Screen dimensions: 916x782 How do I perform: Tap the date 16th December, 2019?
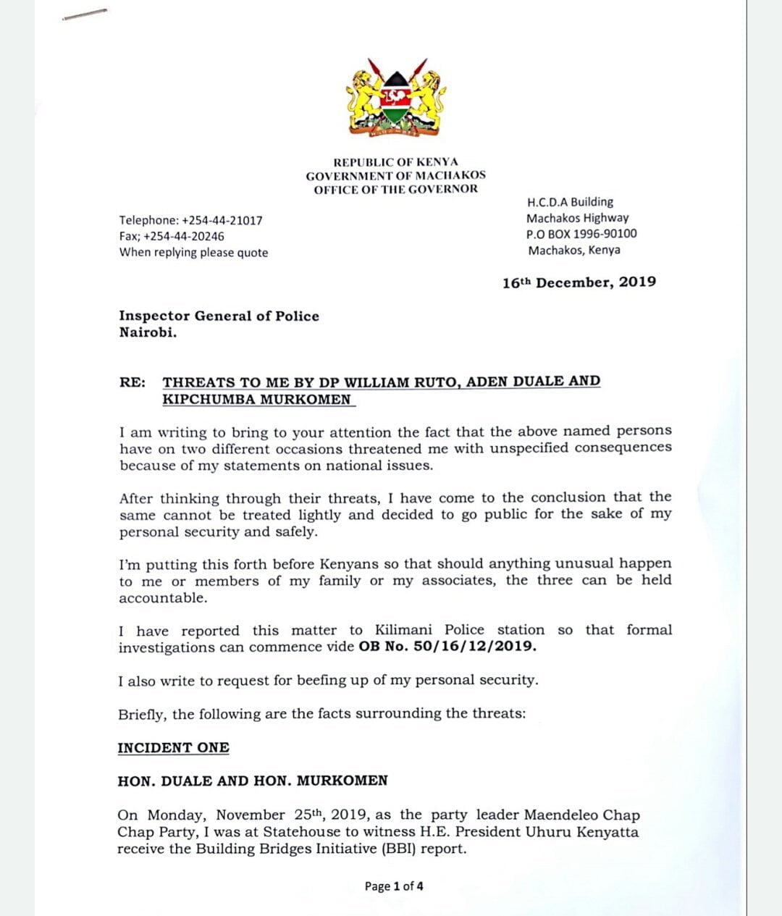pyautogui.click(x=579, y=282)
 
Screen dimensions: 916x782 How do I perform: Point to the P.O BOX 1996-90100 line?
pyautogui.click(x=581, y=234)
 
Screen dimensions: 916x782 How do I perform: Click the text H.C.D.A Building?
pyautogui.click(x=570, y=202)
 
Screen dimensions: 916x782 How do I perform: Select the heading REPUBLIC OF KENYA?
pyautogui.click(x=395, y=162)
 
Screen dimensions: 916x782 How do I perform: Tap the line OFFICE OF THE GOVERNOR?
pyautogui.click(x=395, y=189)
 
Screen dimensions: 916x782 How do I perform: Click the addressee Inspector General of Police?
pyautogui.click(x=219, y=316)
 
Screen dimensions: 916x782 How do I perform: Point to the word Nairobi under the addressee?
pyautogui.click(x=147, y=333)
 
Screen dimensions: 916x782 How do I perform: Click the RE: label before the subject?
pyautogui.click(x=132, y=382)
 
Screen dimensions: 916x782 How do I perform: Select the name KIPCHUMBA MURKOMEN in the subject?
pyautogui.click(x=256, y=399)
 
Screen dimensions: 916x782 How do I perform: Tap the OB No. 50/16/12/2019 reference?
pyautogui.click(x=447, y=646)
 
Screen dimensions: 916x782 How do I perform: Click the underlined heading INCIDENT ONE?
pyautogui.click(x=173, y=747)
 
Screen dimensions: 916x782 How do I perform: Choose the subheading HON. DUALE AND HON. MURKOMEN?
pyautogui.click(x=253, y=781)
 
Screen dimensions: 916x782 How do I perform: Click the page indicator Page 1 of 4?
pyautogui.click(x=394, y=886)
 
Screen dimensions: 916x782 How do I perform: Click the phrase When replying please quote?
pyautogui.click(x=193, y=253)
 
